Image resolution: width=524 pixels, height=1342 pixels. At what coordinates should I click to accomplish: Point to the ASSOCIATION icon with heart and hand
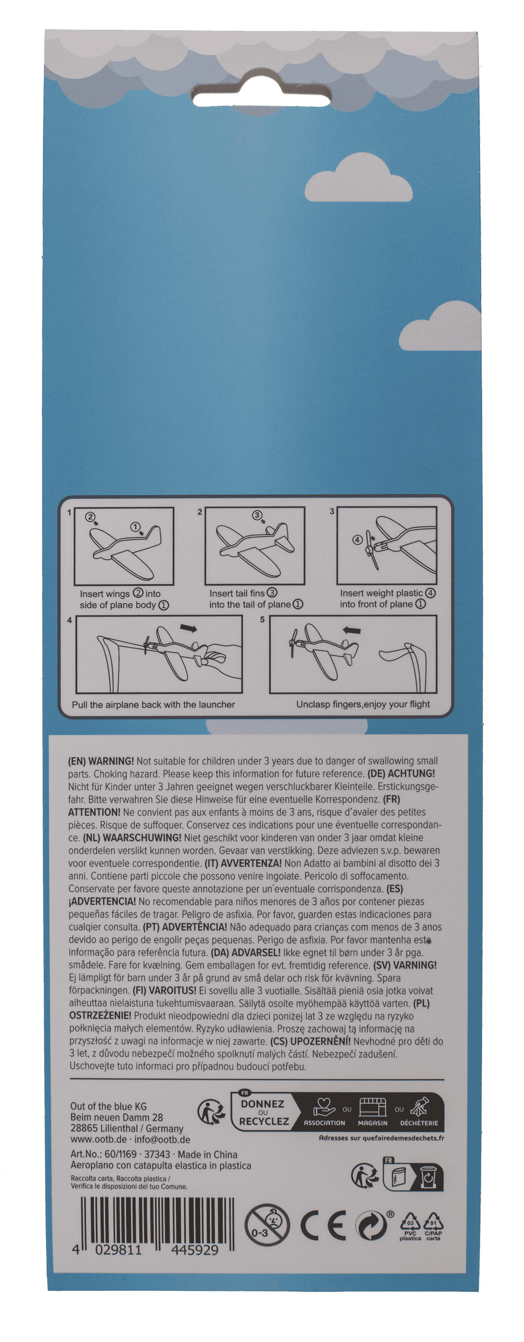pos(324,1108)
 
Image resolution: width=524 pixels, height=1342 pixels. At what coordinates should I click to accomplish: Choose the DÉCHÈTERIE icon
pos(419,1107)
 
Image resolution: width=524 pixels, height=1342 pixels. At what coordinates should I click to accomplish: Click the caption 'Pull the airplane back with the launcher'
pos(154,704)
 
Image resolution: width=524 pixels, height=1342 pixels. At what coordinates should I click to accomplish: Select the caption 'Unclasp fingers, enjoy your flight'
pos(363,704)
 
